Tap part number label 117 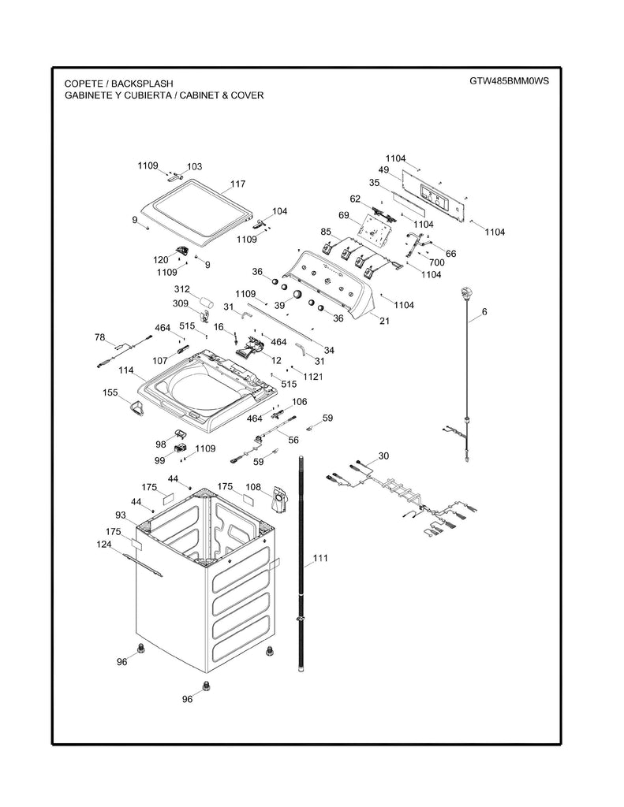click(237, 184)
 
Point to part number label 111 click(319, 559)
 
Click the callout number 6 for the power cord click(484, 312)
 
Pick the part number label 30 click(383, 456)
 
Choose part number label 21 click(384, 321)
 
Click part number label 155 click(110, 392)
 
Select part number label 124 click(104, 545)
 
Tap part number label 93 click(121, 515)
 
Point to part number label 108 click(253, 487)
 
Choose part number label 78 click(99, 337)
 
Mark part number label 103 click(194, 167)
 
